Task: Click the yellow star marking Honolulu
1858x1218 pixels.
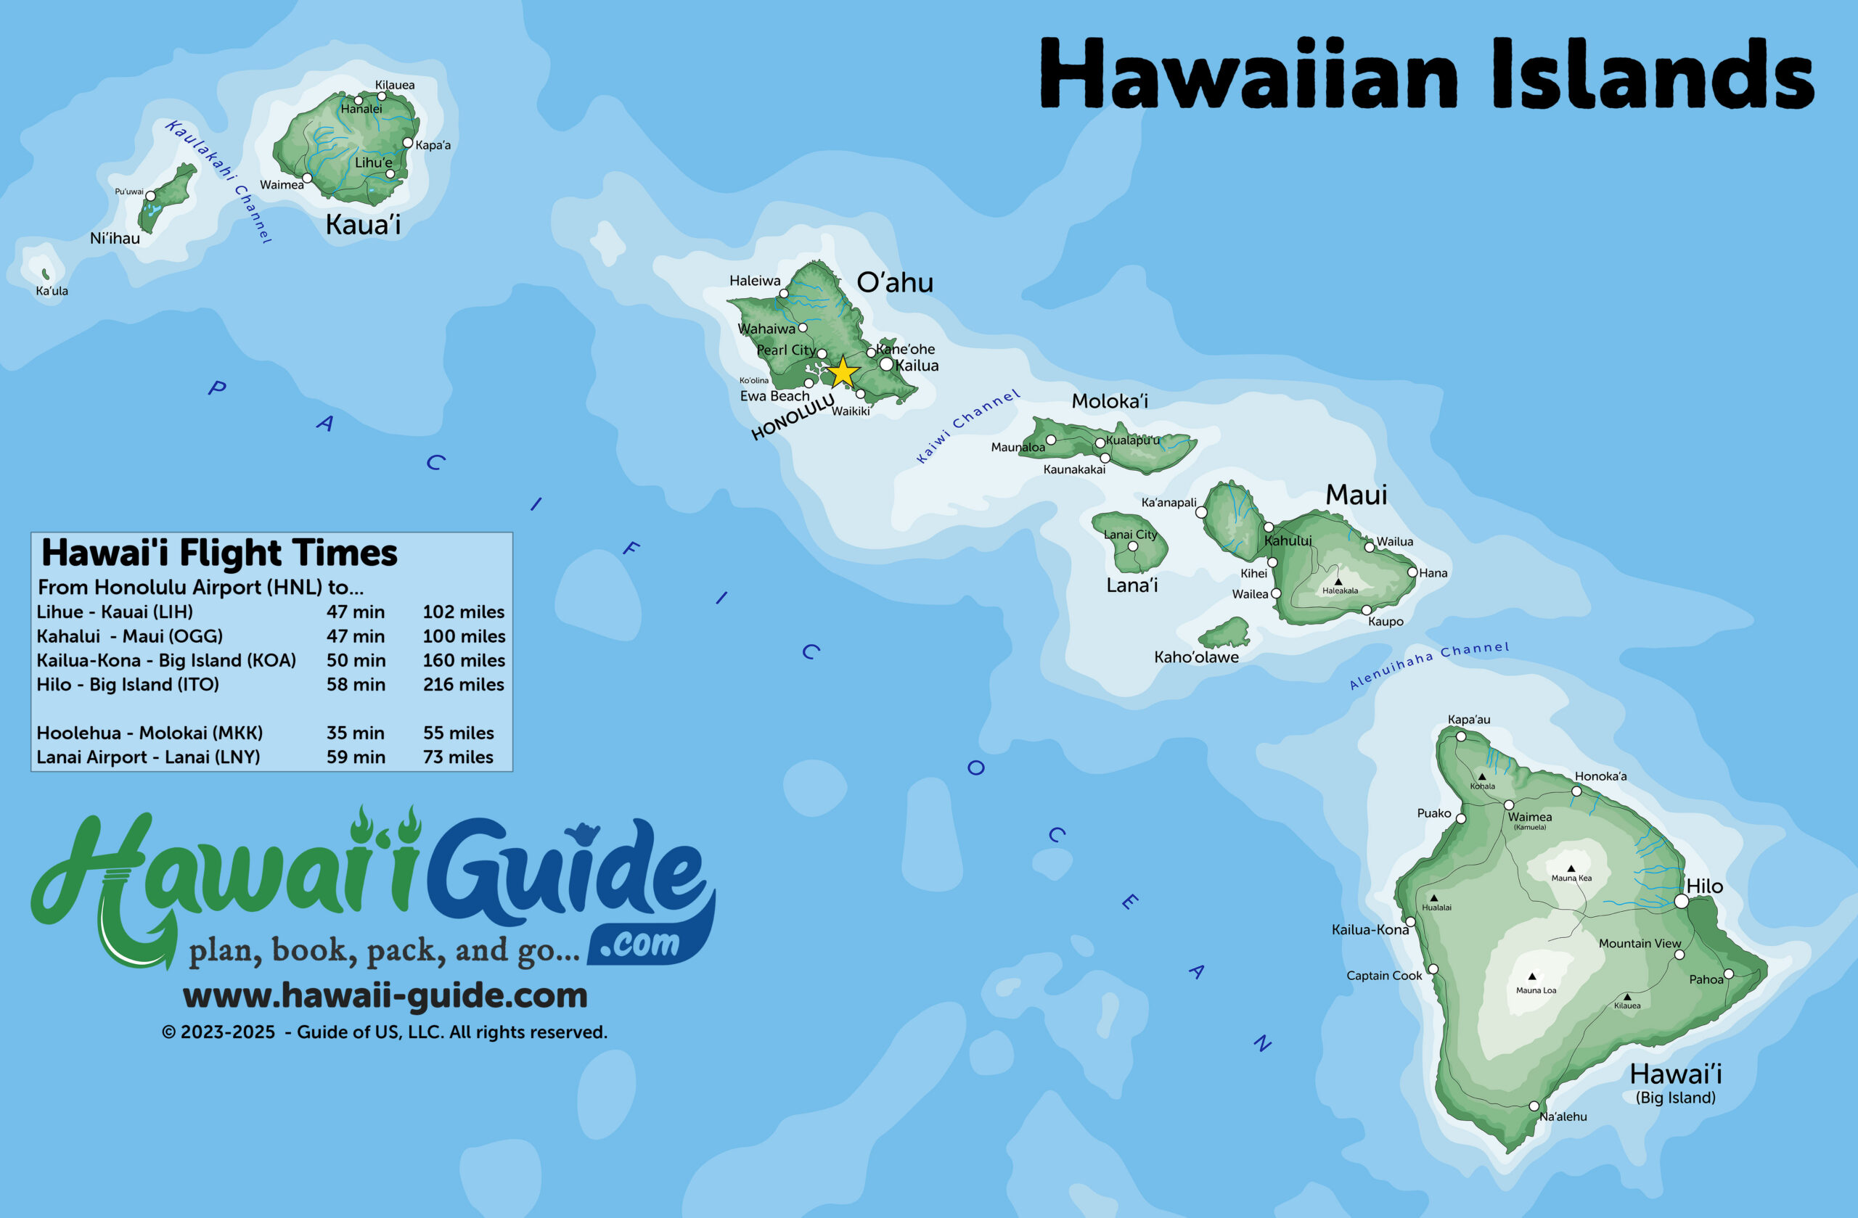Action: [x=843, y=372]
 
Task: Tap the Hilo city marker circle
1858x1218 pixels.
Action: [x=1682, y=901]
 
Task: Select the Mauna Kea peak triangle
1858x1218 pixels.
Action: [x=1571, y=868]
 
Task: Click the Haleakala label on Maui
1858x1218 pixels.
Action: [x=1340, y=591]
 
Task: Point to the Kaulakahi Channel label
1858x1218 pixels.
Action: [x=218, y=181]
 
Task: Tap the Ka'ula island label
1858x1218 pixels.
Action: [x=52, y=291]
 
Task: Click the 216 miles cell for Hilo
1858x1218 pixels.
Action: [x=463, y=684]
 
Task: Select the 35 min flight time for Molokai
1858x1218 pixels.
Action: [x=355, y=733]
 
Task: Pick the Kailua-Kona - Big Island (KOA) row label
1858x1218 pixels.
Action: [x=166, y=660]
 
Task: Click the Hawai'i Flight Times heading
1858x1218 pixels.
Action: [x=219, y=554]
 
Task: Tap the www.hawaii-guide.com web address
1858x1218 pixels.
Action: [x=385, y=995]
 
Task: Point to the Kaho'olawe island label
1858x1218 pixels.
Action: [x=1196, y=657]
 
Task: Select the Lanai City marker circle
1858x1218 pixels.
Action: [x=1133, y=546]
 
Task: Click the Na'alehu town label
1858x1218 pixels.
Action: [x=1563, y=1116]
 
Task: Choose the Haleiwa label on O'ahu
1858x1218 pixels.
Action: [x=754, y=281]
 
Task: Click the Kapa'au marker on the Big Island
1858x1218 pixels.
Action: [x=1461, y=736]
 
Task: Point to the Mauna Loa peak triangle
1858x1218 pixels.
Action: [x=1531, y=976]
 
